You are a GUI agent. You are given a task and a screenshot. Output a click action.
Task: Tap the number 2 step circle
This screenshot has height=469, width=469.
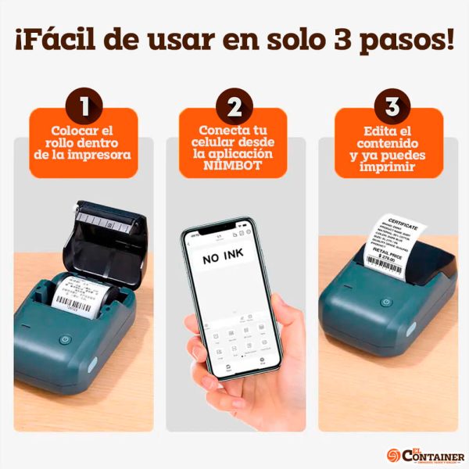coord(233,105)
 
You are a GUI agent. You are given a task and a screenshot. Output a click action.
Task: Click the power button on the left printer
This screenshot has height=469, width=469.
coord(66,341)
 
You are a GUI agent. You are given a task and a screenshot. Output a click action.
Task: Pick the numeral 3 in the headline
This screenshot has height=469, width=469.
coord(347,38)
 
